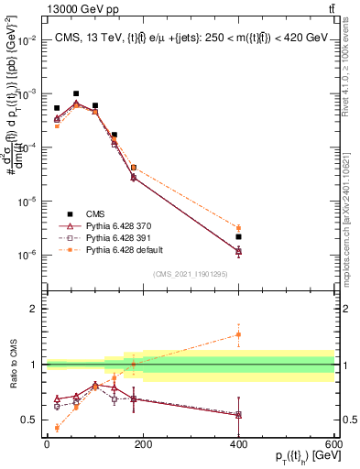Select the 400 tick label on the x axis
coord(238,444)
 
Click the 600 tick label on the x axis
coord(334,444)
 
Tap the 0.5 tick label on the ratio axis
coord(31,420)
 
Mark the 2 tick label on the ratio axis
coord(35,309)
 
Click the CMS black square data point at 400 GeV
coord(238,236)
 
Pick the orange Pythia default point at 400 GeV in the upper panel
coord(238,228)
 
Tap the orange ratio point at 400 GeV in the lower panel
coord(238,334)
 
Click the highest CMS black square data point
coord(76,93)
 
